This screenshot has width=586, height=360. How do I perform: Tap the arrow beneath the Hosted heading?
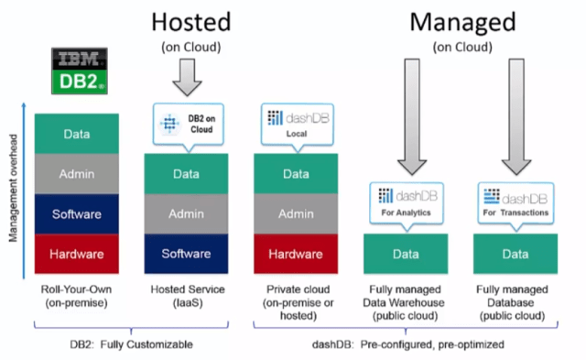(x=186, y=75)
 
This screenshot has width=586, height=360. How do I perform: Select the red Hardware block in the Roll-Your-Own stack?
(x=76, y=254)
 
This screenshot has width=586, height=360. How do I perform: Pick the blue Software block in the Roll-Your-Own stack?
(x=76, y=213)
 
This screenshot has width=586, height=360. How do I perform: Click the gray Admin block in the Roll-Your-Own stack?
(x=76, y=174)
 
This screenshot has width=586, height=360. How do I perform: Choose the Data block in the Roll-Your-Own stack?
(x=76, y=135)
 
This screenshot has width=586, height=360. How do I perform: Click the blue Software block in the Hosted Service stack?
(x=186, y=254)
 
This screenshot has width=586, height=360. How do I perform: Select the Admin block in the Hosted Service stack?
(x=186, y=213)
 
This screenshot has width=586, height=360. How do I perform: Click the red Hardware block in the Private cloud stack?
(x=295, y=254)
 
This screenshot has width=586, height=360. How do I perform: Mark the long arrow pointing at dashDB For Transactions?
(x=515, y=115)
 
